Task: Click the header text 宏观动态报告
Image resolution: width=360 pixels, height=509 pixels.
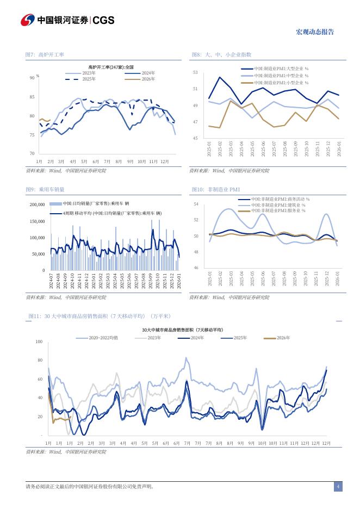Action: (314, 32)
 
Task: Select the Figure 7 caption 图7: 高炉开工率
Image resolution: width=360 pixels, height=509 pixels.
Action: (45, 55)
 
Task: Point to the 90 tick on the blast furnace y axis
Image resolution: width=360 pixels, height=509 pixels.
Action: (32, 78)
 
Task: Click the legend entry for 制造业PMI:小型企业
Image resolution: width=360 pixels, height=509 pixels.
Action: (281, 83)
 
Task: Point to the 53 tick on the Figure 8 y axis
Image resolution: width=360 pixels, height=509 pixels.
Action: (195, 72)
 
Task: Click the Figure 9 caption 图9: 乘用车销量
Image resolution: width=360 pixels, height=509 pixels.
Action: (45, 189)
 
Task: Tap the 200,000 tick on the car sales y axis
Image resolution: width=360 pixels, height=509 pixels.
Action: (36, 204)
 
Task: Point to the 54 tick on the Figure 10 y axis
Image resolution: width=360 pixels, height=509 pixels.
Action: (196, 204)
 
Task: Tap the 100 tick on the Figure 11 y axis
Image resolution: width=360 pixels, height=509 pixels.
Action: (39, 342)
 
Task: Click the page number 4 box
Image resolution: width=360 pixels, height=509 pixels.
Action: (338, 486)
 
